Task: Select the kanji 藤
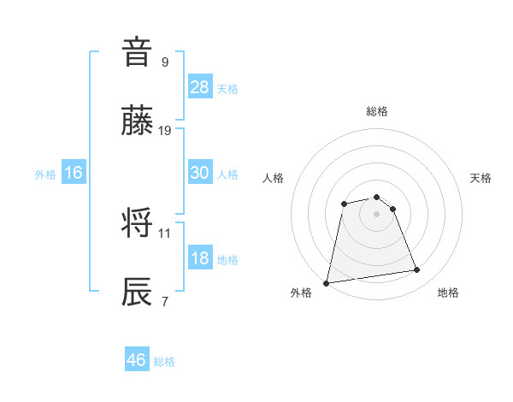(139, 122)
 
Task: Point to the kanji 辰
(139, 291)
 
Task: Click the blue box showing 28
(200, 86)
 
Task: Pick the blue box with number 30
(200, 173)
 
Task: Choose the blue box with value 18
(200, 259)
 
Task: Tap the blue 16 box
(74, 174)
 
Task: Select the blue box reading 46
(136, 360)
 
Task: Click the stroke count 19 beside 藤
(165, 131)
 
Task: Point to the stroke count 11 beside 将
(165, 232)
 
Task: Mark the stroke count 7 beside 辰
(165, 300)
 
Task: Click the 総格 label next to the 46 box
(164, 362)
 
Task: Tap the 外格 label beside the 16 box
(45, 174)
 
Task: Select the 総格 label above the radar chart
(377, 111)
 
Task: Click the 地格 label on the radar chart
(448, 293)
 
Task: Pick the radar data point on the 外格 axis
(327, 282)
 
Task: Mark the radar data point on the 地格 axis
(417, 270)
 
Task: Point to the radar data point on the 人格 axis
(344, 204)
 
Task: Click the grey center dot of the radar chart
(377, 214)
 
